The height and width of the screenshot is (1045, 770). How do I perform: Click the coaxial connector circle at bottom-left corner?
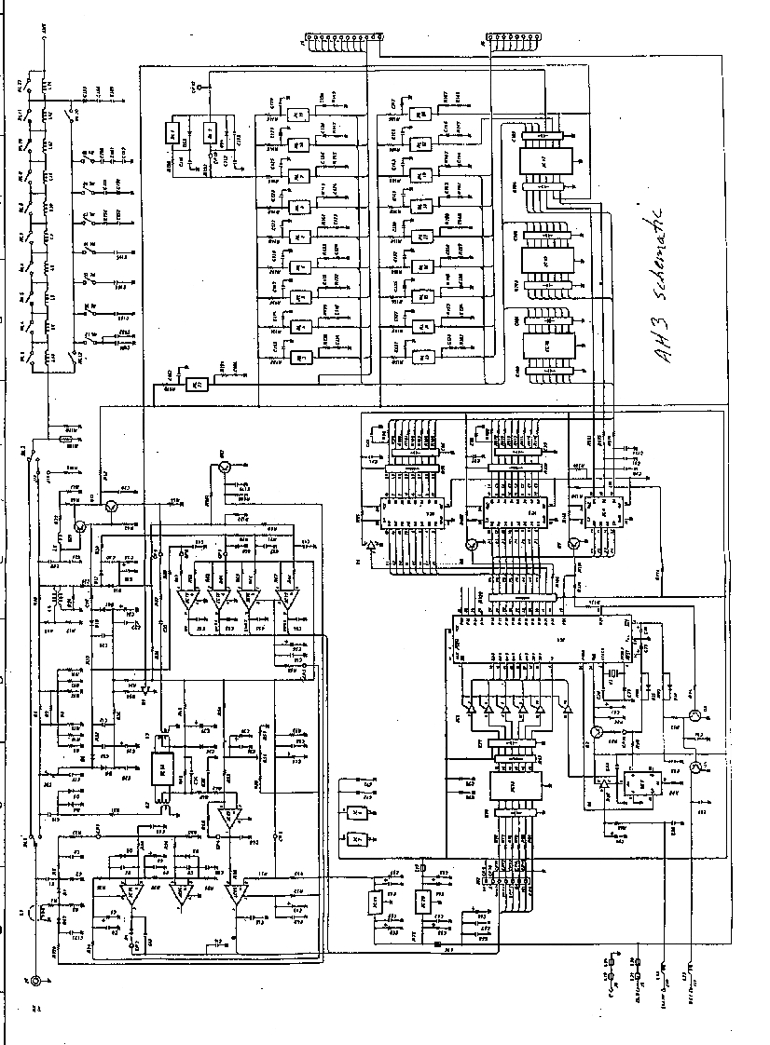click(36, 981)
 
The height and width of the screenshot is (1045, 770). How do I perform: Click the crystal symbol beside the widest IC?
click(614, 672)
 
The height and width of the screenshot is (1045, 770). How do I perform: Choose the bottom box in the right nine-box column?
click(422, 358)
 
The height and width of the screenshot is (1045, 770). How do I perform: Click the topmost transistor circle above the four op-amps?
click(224, 470)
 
